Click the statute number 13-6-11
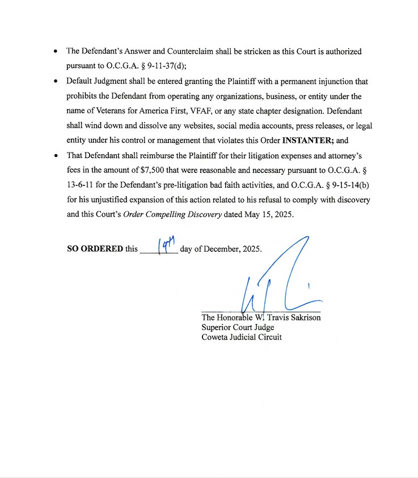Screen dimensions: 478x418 [x=81, y=185]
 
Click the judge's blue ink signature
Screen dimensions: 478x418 [x=281, y=278]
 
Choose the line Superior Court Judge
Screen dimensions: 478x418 [x=238, y=327]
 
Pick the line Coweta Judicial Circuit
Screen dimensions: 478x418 [x=242, y=337]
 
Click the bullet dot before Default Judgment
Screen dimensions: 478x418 [x=55, y=81]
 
